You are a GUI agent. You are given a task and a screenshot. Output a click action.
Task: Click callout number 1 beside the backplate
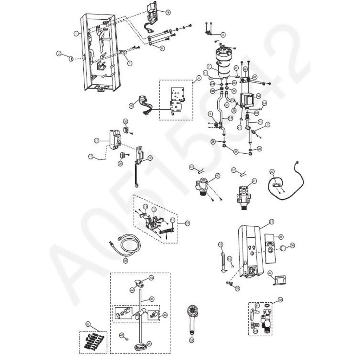[x=76, y=33]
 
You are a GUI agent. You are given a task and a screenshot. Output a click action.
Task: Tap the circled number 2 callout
[x=59, y=53]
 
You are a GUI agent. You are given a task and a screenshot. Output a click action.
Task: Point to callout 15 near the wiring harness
[x=131, y=105]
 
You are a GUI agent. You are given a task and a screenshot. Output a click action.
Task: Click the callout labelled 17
[x=96, y=140]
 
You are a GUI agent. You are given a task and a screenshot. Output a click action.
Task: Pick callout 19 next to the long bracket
[x=150, y=158]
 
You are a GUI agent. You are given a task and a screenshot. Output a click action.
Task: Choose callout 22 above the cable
[x=271, y=171]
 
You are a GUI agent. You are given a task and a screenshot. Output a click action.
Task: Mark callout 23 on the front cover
[x=271, y=221]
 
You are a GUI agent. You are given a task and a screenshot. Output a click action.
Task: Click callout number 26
[x=292, y=245]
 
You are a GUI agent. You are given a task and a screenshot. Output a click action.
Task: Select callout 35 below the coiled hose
[x=126, y=261]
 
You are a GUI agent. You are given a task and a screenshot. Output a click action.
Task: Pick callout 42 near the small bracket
[x=270, y=273]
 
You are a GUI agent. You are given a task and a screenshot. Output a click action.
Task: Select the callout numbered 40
[x=218, y=175]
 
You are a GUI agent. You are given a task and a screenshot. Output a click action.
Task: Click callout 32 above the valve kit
[x=280, y=300]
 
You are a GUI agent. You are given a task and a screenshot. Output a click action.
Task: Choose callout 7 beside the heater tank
[x=208, y=66]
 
